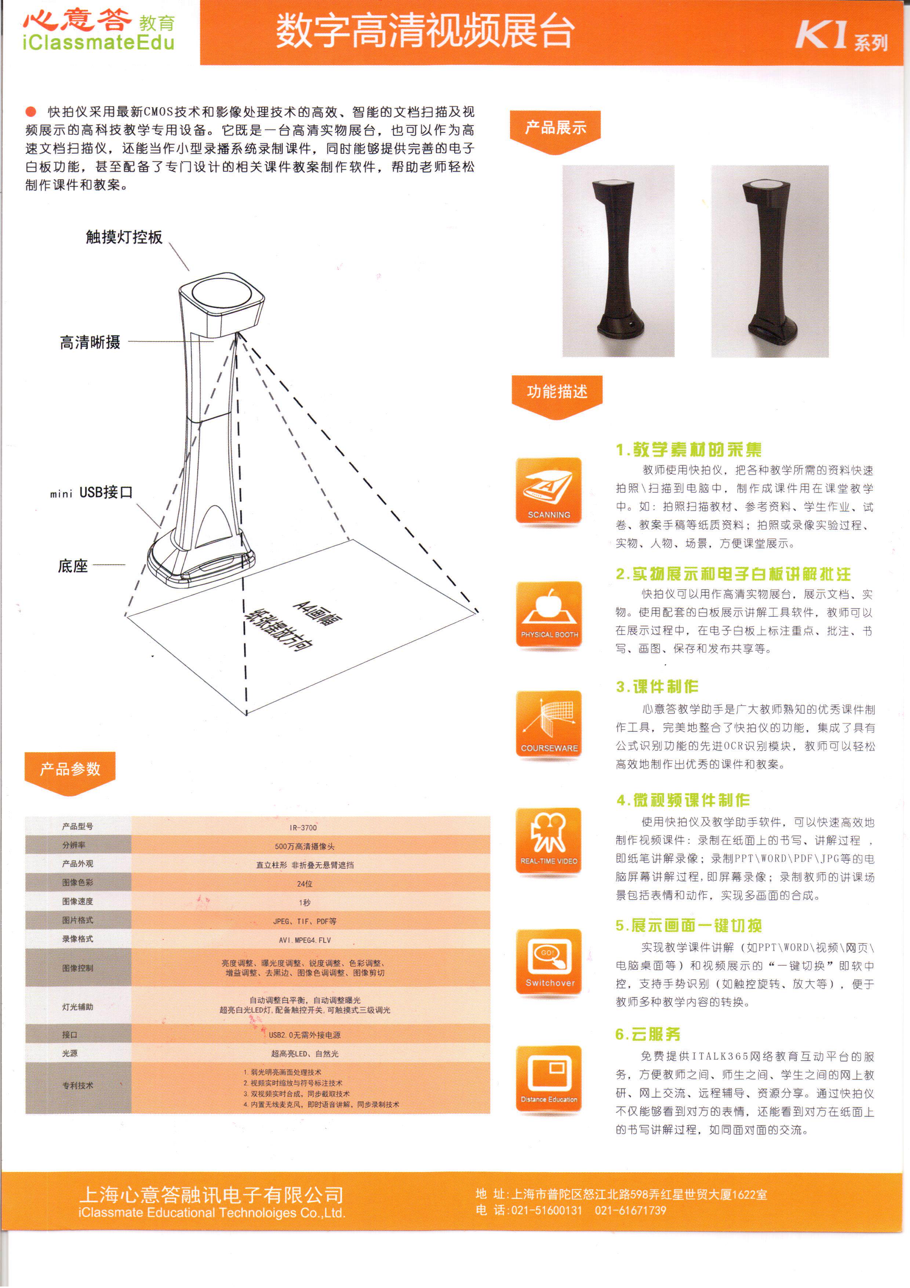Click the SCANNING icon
click(x=548, y=491)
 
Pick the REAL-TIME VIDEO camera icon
click(x=548, y=840)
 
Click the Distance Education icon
click(x=548, y=1079)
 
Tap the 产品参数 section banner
click(x=70, y=769)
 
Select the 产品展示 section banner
click(x=555, y=128)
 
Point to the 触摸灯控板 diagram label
click(x=124, y=237)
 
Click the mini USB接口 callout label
click(x=91, y=492)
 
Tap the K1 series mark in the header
click(x=841, y=36)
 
